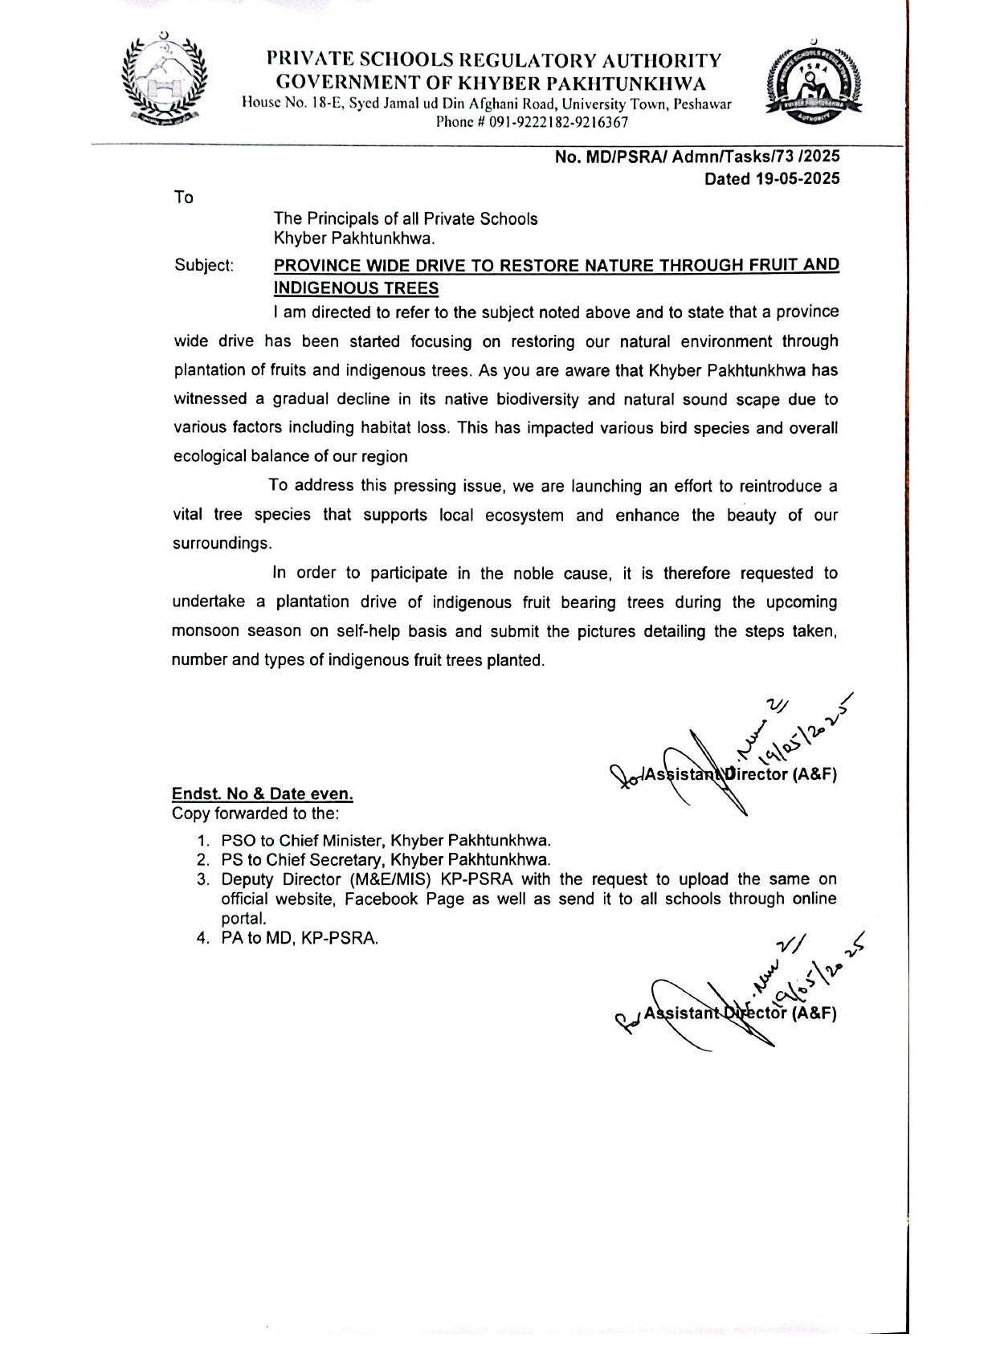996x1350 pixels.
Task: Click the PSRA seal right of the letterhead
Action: (x=814, y=84)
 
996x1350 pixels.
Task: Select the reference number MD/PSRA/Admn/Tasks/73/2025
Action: (x=696, y=158)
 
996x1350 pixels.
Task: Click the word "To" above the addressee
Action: (x=183, y=198)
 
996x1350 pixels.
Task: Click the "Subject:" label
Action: (x=204, y=266)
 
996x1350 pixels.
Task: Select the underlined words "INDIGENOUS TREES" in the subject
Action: (x=356, y=288)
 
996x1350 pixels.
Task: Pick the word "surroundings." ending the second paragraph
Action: (x=222, y=544)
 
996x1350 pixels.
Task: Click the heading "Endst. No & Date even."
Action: (x=262, y=794)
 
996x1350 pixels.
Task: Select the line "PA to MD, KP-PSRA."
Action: (x=299, y=938)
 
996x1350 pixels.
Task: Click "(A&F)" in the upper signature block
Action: (x=814, y=775)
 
